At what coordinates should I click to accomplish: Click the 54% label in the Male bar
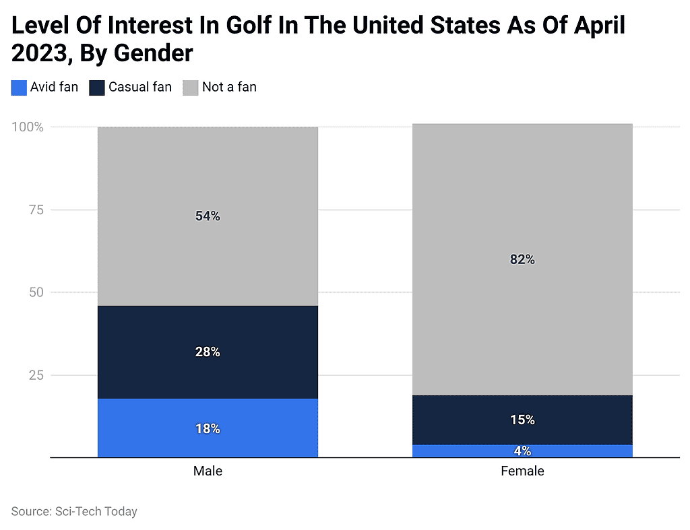[208, 216]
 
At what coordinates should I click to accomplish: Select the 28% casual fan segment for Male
[208, 352]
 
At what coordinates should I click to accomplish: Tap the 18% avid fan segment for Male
[208, 428]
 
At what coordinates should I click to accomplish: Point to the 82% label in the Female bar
[522, 259]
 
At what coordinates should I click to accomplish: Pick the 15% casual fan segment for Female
[522, 420]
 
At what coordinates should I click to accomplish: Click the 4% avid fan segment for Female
[522, 451]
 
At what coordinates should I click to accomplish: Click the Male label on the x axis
[208, 471]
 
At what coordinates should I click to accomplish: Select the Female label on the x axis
[522, 471]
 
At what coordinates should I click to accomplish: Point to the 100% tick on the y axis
[28, 127]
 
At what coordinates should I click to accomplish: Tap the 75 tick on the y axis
[36, 210]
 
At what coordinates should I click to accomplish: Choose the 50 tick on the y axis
[36, 292]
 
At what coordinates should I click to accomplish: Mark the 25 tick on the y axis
[36, 375]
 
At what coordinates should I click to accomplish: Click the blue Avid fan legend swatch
[19, 88]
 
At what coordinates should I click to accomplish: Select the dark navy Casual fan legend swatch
[97, 88]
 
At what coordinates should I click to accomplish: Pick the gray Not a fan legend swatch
[191, 88]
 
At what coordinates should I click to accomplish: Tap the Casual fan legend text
[140, 87]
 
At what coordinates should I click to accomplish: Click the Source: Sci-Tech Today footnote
[74, 511]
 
